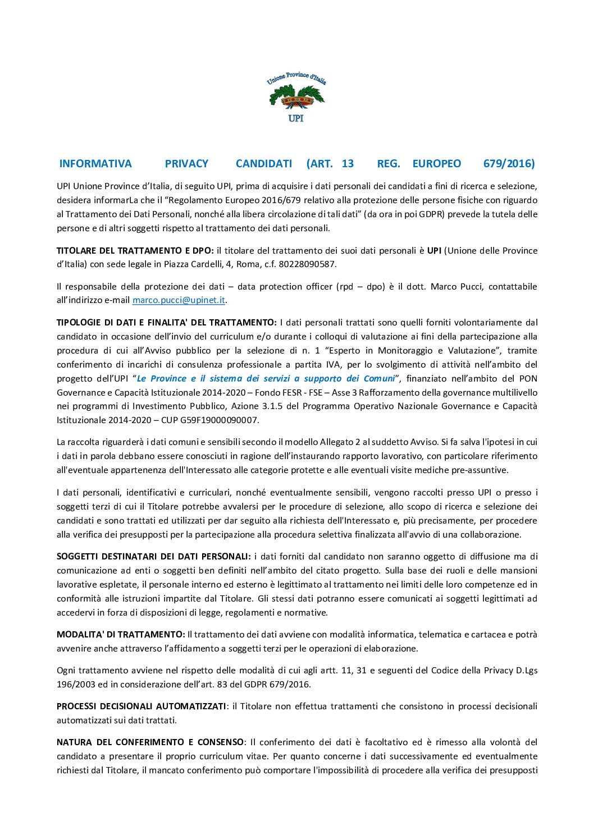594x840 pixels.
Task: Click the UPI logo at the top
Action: coord(296,97)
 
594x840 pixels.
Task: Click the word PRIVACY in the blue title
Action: coord(186,164)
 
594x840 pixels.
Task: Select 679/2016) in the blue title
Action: coord(509,164)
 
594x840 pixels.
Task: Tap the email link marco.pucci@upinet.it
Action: coord(179,300)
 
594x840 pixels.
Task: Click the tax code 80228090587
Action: coord(308,264)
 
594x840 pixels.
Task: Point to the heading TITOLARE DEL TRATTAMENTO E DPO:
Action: coord(135,251)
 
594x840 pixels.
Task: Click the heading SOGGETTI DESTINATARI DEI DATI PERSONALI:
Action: coord(153,557)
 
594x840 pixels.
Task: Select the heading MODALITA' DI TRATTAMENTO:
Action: coord(121,635)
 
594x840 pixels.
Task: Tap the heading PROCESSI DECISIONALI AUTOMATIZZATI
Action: coord(141,706)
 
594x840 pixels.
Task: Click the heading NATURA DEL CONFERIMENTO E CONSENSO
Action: coord(150,742)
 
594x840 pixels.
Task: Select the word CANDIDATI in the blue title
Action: coord(264,164)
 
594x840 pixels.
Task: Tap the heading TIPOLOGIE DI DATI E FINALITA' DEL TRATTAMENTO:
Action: coord(166,323)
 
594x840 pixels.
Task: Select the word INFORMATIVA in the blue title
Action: coord(95,164)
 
